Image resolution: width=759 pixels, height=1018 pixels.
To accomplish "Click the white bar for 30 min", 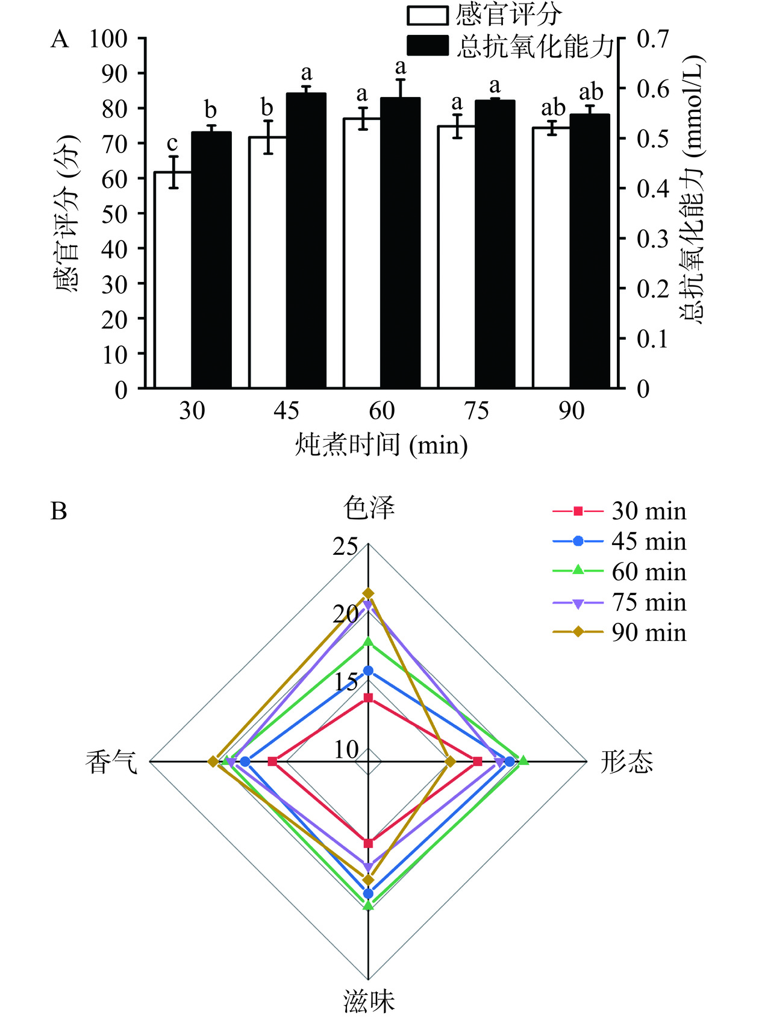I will tap(173, 280).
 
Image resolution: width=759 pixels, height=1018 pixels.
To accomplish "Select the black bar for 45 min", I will tap(306, 241).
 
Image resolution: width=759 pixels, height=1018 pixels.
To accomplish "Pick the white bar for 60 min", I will tap(362, 253).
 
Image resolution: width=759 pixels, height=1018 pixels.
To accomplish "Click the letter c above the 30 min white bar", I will tap(172, 143).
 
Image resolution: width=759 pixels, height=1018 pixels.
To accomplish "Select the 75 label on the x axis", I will tap(476, 411).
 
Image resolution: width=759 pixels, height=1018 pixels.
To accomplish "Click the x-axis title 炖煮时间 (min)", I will tap(381, 445).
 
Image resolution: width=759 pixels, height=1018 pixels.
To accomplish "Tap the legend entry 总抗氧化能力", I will tap(535, 46).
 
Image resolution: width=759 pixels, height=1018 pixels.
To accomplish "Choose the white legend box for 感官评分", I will tap(427, 16).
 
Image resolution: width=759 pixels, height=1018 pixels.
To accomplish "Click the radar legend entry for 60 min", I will tap(619, 572).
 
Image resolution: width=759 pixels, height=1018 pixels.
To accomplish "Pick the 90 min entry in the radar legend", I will tap(619, 632).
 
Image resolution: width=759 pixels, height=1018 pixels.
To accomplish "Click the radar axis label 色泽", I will tap(369, 508).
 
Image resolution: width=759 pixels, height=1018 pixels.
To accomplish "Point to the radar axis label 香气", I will tap(111, 762).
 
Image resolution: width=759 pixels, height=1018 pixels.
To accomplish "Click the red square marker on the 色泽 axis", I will tap(368, 698).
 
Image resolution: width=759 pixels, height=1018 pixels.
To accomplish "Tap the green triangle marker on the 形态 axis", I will tap(523, 761).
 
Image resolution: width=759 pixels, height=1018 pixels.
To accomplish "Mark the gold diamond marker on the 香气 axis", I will tap(213, 762).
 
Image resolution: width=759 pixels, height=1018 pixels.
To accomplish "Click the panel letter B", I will tap(59, 511).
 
